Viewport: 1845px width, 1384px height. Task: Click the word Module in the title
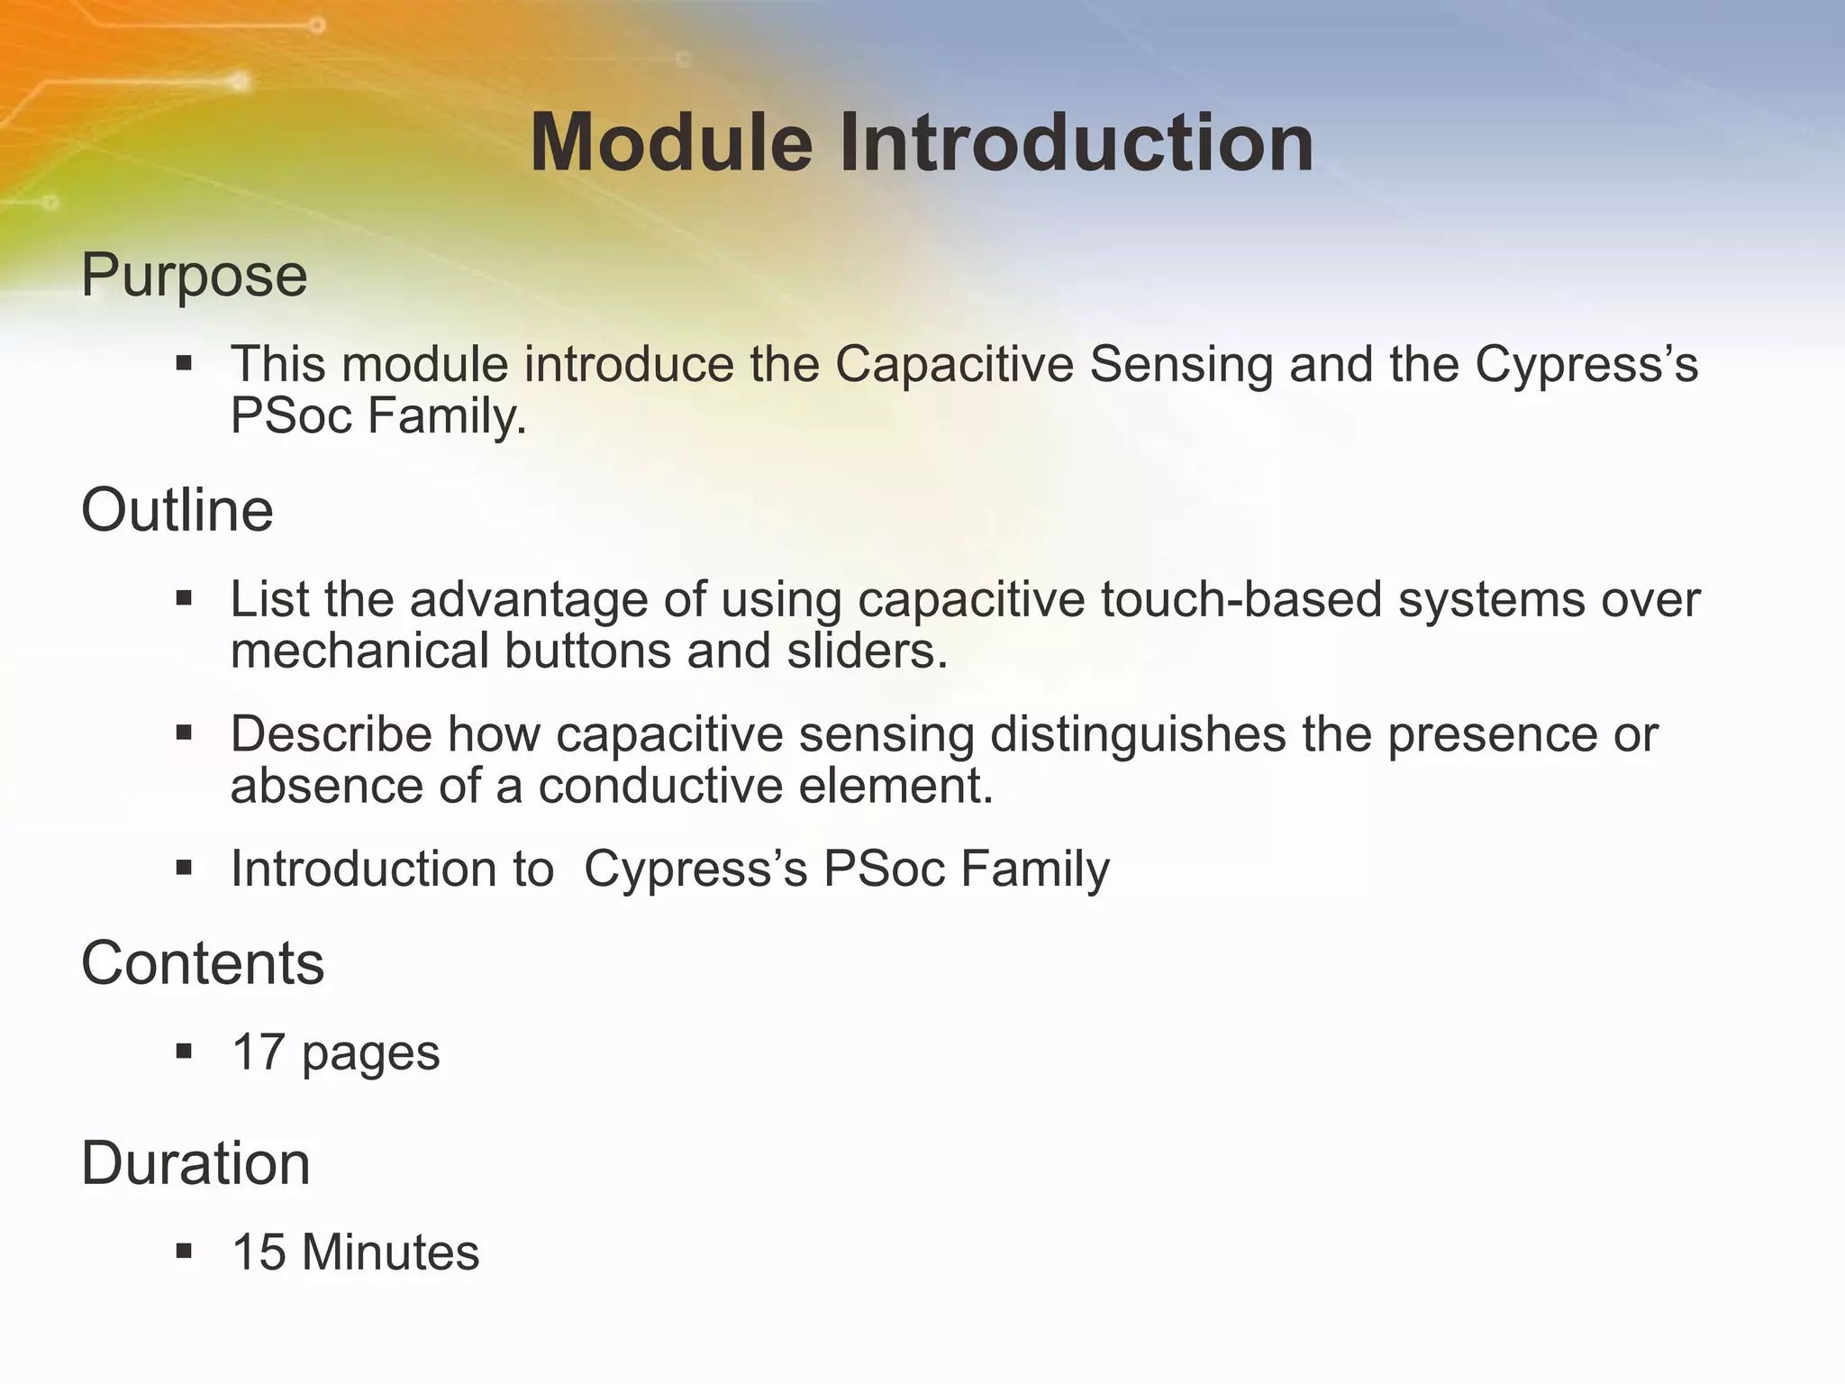click(671, 142)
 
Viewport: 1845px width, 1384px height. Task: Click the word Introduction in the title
click(1077, 142)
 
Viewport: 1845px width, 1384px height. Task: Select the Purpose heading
click(194, 275)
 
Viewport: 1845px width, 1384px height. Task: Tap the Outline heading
click(177, 510)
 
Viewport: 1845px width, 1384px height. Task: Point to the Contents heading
click(203, 963)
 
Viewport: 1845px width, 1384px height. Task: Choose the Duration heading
click(195, 1163)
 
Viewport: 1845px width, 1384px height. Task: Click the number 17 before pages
click(259, 1052)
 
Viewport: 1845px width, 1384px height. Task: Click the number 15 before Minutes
click(259, 1252)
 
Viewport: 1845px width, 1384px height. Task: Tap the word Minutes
click(390, 1252)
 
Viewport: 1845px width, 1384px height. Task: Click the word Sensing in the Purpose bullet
click(1180, 364)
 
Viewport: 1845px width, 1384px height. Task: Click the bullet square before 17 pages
click(185, 1051)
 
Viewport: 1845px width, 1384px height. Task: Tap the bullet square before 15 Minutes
click(185, 1251)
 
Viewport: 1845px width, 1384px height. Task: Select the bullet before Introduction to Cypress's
click(185, 868)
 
